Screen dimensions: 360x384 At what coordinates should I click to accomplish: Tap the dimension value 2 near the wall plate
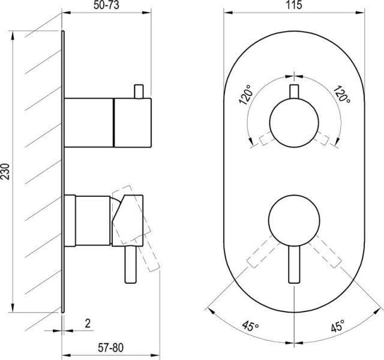click(x=88, y=323)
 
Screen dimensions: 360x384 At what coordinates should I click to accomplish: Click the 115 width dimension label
click(x=293, y=5)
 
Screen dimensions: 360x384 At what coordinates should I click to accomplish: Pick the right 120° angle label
click(x=343, y=95)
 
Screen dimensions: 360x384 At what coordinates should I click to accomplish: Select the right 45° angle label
click(x=337, y=327)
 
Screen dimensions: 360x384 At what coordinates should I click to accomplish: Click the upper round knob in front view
click(x=293, y=121)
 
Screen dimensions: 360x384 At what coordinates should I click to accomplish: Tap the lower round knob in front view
click(x=293, y=219)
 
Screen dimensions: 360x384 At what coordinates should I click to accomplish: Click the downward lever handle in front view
click(x=293, y=264)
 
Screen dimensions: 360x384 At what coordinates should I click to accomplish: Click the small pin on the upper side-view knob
click(x=140, y=91)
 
